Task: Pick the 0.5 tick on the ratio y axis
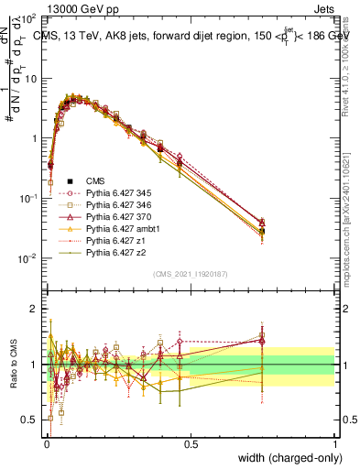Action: click(30, 420)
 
